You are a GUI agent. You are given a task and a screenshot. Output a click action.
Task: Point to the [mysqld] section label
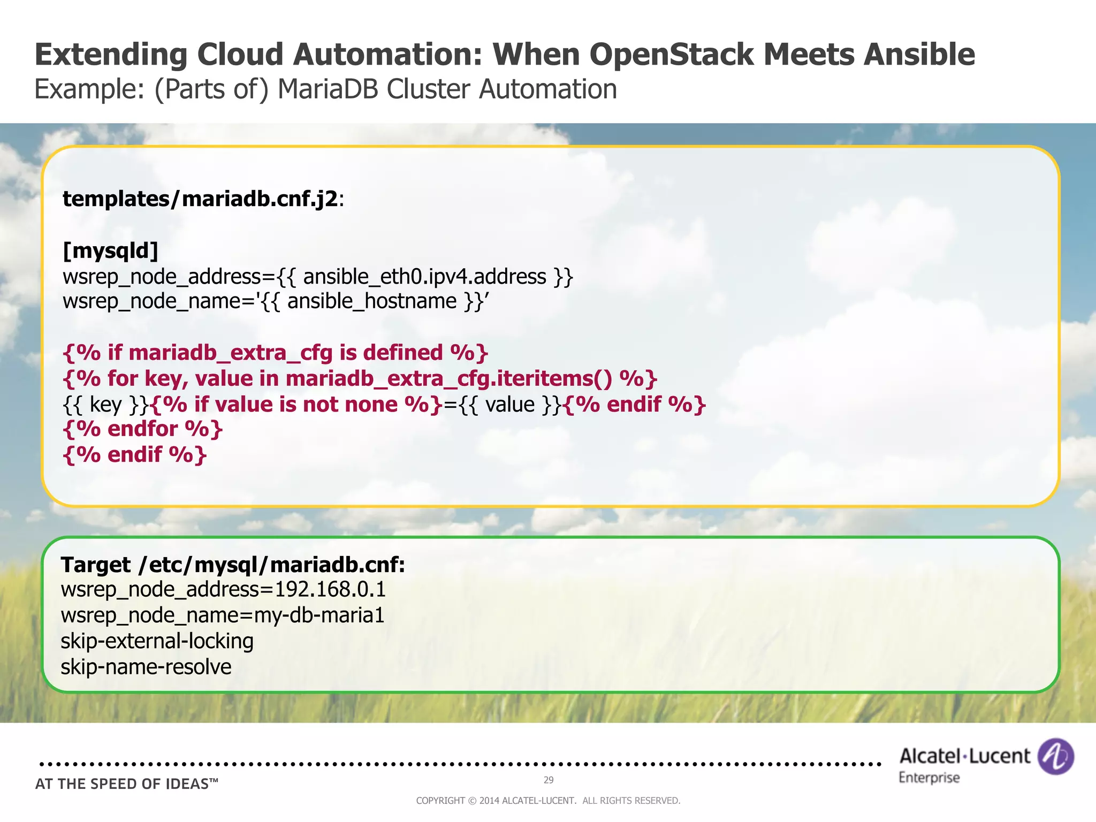click(x=111, y=250)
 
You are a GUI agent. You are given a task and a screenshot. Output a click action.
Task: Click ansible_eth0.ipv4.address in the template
click(x=424, y=277)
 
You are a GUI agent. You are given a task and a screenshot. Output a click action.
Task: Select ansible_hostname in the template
click(x=371, y=301)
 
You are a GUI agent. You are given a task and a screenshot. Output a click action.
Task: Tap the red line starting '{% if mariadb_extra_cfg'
click(x=276, y=353)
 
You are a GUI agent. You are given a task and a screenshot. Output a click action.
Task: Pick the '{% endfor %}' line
click(x=143, y=429)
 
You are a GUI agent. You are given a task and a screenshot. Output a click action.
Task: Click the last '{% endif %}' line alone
click(x=135, y=454)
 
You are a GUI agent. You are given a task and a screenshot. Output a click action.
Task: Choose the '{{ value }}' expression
click(x=509, y=404)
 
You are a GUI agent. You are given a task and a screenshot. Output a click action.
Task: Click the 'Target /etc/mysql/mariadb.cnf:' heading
click(x=233, y=565)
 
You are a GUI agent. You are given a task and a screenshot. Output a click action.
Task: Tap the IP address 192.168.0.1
click(x=330, y=589)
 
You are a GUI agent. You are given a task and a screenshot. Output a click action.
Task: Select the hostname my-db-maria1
click(x=319, y=615)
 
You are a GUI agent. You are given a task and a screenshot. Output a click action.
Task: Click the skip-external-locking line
click(x=157, y=641)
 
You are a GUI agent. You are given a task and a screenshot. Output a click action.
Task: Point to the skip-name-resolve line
click(x=146, y=667)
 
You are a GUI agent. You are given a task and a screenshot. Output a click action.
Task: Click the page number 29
click(x=549, y=780)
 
